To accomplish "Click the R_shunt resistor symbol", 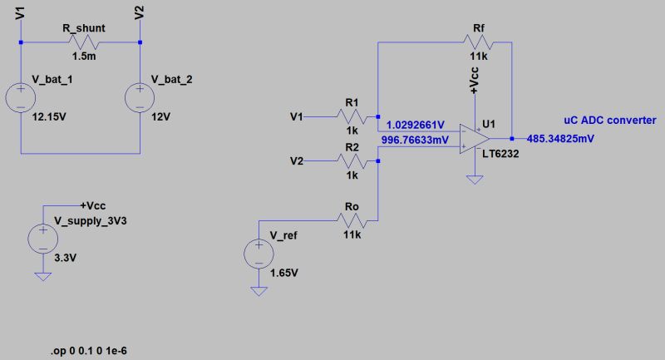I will coord(81,42).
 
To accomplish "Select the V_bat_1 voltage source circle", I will coord(20,97).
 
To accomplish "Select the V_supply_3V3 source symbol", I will coord(41,239).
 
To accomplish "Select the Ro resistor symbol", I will coord(351,221).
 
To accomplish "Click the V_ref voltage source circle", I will coord(259,254).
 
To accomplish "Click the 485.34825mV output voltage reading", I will coord(561,139).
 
